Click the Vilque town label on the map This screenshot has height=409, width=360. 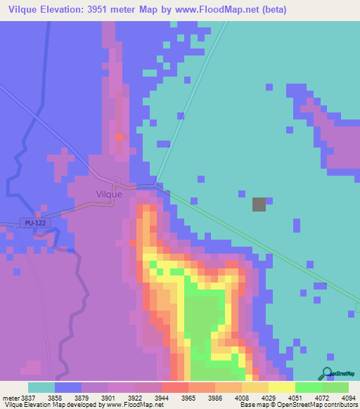[109, 195]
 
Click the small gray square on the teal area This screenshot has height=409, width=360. [259, 204]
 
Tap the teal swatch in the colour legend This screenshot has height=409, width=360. [41, 388]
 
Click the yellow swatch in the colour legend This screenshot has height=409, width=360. [281, 388]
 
